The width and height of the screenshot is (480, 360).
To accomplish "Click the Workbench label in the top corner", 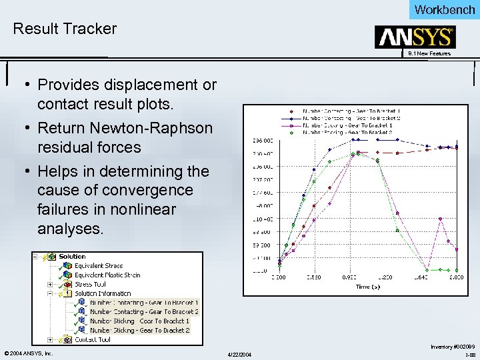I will [x=444, y=9].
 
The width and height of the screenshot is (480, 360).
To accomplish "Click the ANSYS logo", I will [x=415, y=37].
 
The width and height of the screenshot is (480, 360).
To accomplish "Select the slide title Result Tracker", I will [x=65, y=29].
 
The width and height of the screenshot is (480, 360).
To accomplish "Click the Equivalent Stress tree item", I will [x=99, y=266].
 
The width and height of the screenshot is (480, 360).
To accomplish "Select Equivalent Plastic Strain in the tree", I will [x=107, y=275].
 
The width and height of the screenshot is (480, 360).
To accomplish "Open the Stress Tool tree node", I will [x=90, y=284].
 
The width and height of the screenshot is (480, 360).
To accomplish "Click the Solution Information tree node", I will [x=103, y=293].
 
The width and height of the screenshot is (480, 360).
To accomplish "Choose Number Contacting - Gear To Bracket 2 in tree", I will [x=144, y=311].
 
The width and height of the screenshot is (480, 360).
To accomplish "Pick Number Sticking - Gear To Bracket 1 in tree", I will [x=139, y=321].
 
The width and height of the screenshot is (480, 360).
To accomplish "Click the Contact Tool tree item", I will [x=92, y=339].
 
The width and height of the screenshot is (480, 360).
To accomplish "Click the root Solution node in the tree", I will [x=72, y=257].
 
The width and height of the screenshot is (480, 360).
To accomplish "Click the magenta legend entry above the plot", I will [x=347, y=125].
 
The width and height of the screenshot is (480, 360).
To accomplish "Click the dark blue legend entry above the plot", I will [x=347, y=118].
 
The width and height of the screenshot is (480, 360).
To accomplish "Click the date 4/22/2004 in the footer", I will [x=239, y=353].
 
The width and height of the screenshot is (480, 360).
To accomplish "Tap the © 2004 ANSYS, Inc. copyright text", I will [x=28, y=353].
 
